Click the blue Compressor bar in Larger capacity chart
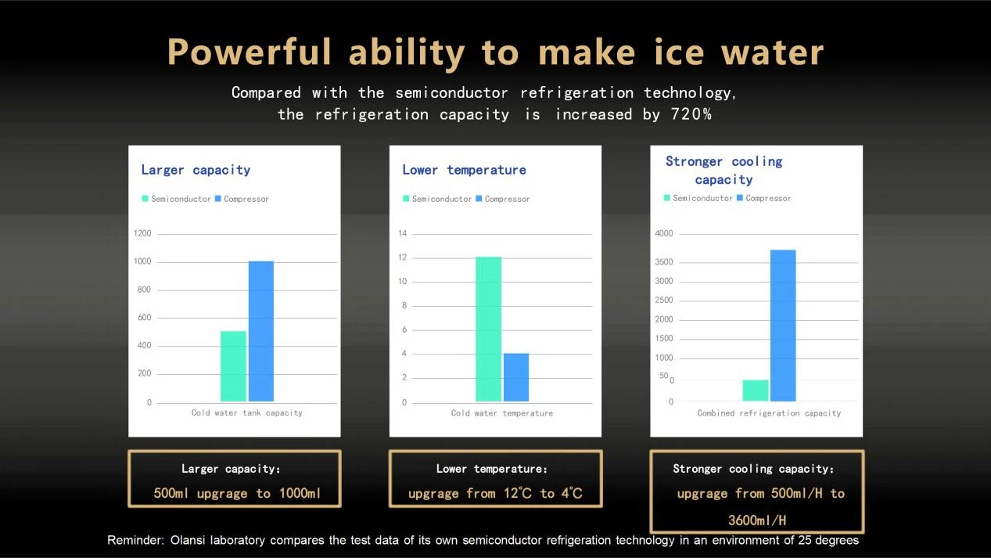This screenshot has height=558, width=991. tap(261, 331)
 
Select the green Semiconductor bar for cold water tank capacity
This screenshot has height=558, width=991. tap(233, 366)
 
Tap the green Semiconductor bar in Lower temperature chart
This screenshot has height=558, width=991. tap(488, 329)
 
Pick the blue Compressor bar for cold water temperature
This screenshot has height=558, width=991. tap(516, 377)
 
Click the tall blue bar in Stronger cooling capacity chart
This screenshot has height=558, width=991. tap(783, 326)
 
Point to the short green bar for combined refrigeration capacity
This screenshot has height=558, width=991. tap(756, 391)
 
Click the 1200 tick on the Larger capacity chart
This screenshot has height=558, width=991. tap(142, 233)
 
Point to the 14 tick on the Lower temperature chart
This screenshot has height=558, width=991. tap(403, 233)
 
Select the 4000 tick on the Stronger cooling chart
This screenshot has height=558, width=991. tap(664, 233)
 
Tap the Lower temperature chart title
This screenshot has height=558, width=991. tap(464, 170)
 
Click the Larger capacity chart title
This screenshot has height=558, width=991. tap(196, 170)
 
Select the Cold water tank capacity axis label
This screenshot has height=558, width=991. tap(246, 412)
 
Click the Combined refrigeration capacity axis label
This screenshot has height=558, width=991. tap(769, 412)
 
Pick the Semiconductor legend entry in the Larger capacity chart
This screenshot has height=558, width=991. tap(177, 199)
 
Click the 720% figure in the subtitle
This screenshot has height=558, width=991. tap(691, 114)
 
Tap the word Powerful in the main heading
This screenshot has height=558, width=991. tap(250, 52)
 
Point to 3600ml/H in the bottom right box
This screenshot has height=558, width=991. tap(756, 520)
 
